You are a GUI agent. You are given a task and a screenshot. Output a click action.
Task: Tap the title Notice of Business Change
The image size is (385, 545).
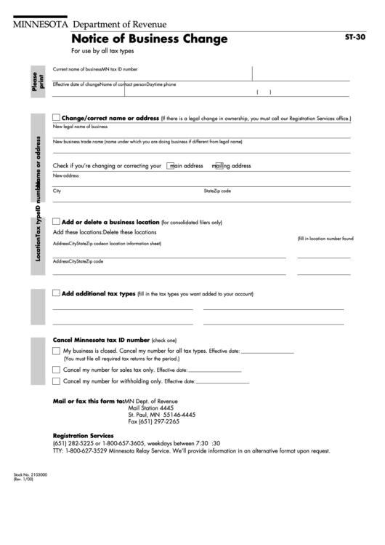point(149,39)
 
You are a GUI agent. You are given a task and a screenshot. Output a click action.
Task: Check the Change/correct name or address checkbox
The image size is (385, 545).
point(57,117)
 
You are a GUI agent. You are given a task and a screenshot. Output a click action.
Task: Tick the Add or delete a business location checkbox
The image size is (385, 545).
point(57,221)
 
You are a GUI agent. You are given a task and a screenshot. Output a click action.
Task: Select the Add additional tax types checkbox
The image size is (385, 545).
point(57,293)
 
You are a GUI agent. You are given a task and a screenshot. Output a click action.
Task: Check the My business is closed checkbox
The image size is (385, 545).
point(57,351)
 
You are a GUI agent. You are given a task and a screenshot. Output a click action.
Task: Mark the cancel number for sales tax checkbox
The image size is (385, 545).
point(57,369)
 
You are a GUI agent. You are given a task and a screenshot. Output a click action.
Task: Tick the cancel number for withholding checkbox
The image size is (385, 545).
point(57,381)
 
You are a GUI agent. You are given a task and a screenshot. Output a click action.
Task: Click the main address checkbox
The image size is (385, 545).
point(170,165)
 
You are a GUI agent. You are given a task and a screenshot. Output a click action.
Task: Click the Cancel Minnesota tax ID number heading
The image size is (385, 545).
point(101,340)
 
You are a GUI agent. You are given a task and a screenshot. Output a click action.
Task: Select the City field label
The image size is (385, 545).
point(57,191)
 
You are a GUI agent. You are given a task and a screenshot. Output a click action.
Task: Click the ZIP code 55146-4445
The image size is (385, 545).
point(178,414)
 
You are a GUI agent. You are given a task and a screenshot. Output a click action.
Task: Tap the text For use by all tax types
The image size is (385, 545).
point(102,52)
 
